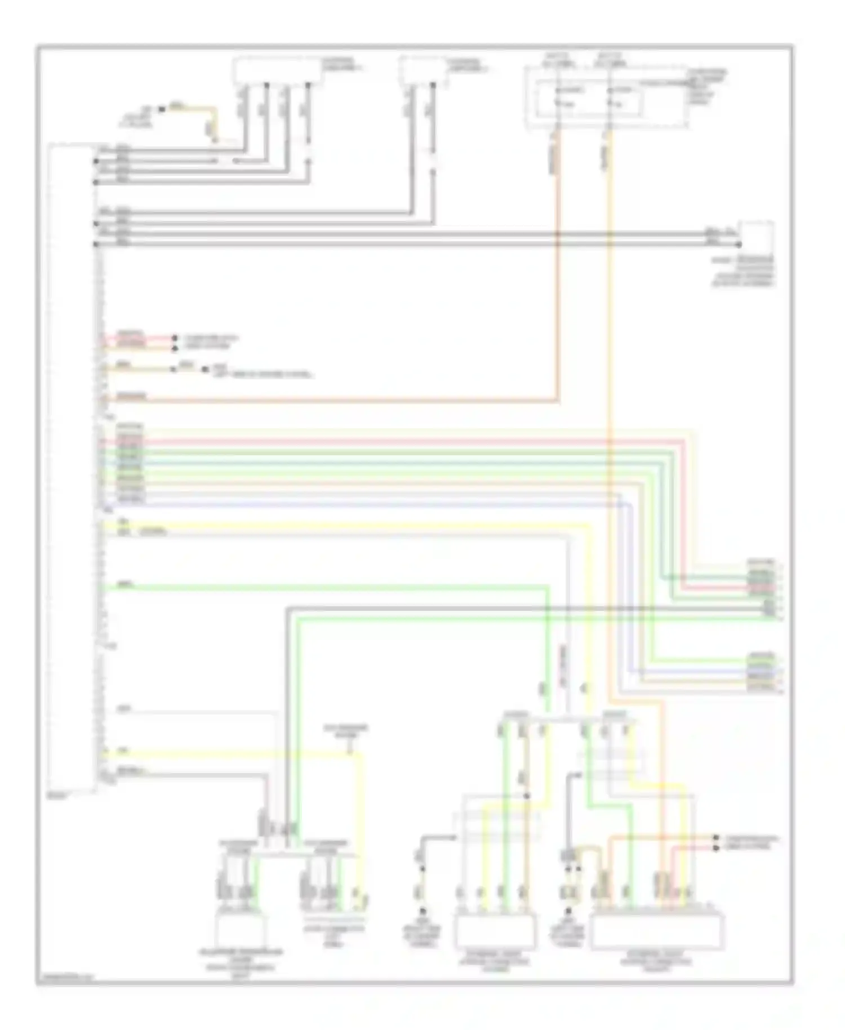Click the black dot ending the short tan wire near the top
(162, 109)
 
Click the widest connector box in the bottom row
(656, 933)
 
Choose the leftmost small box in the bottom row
(241, 933)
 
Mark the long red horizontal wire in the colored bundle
(394, 442)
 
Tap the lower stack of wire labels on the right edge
(761, 671)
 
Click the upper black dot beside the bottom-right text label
(716, 838)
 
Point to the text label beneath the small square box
(742, 272)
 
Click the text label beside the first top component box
(341, 64)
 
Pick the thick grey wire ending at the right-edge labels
(507, 609)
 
